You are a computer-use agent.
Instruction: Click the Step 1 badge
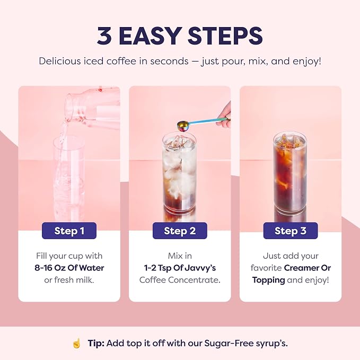(x=69, y=231)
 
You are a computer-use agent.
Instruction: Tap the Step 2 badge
(x=180, y=231)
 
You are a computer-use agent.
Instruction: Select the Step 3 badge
(x=291, y=231)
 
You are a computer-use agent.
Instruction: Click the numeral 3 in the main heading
(x=104, y=36)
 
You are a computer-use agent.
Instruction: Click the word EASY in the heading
(x=148, y=36)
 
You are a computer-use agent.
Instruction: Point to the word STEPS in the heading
(x=225, y=36)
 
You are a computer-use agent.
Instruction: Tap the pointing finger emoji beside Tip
(x=77, y=344)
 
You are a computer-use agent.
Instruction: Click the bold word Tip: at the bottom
(x=96, y=343)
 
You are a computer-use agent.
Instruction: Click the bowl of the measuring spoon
(x=183, y=126)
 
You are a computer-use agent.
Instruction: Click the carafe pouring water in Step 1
(x=92, y=108)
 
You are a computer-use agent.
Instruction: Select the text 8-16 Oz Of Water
(x=69, y=268)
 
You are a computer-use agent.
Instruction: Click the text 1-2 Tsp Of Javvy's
(x=180, y=268)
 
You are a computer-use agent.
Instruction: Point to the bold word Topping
(x=268, y=280)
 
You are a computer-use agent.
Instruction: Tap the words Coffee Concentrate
(x=180, y=280)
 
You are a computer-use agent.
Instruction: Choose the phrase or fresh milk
(x=69, y=280)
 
